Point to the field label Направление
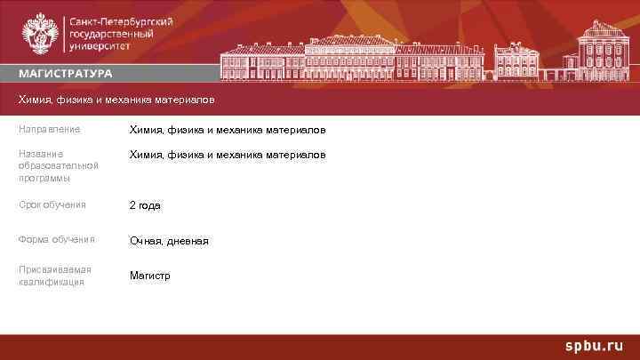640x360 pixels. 49,130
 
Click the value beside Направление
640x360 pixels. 228,131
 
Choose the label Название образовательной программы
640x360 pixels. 58,165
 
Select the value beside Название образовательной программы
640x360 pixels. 228,155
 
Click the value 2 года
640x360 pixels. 145,205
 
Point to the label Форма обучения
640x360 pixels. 56,239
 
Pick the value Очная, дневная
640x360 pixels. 169,241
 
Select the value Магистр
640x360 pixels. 149,276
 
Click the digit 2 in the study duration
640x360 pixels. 132,205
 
